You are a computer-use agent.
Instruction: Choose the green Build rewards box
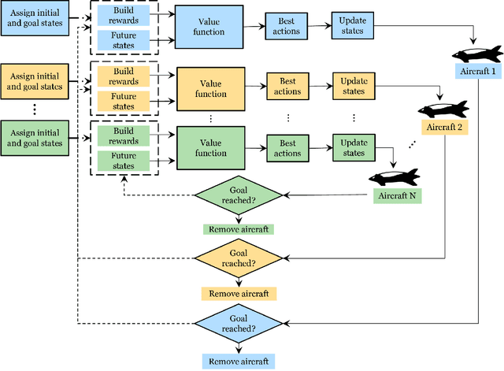pos(122,135)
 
